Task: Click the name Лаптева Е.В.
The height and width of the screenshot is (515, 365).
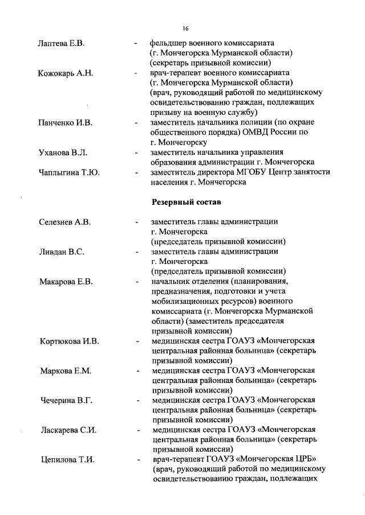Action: pyautogui.click(x=61, y=43)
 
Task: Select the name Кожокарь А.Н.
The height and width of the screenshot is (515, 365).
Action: pyautogui.click(x=65, y=73)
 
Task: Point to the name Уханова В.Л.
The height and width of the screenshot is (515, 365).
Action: pyautogui.click(x=63, y=153)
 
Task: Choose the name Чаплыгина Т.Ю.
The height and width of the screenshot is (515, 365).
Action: pyautogui.click(x=68, y=172)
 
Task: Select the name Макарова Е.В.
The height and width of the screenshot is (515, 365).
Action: pyautogui.click(x=65, y=282)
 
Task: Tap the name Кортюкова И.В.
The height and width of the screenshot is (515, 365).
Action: pyautogui.click(x=69, y=341)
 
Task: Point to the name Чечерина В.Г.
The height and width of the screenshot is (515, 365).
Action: pyautogui.click(x=66, y=401)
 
